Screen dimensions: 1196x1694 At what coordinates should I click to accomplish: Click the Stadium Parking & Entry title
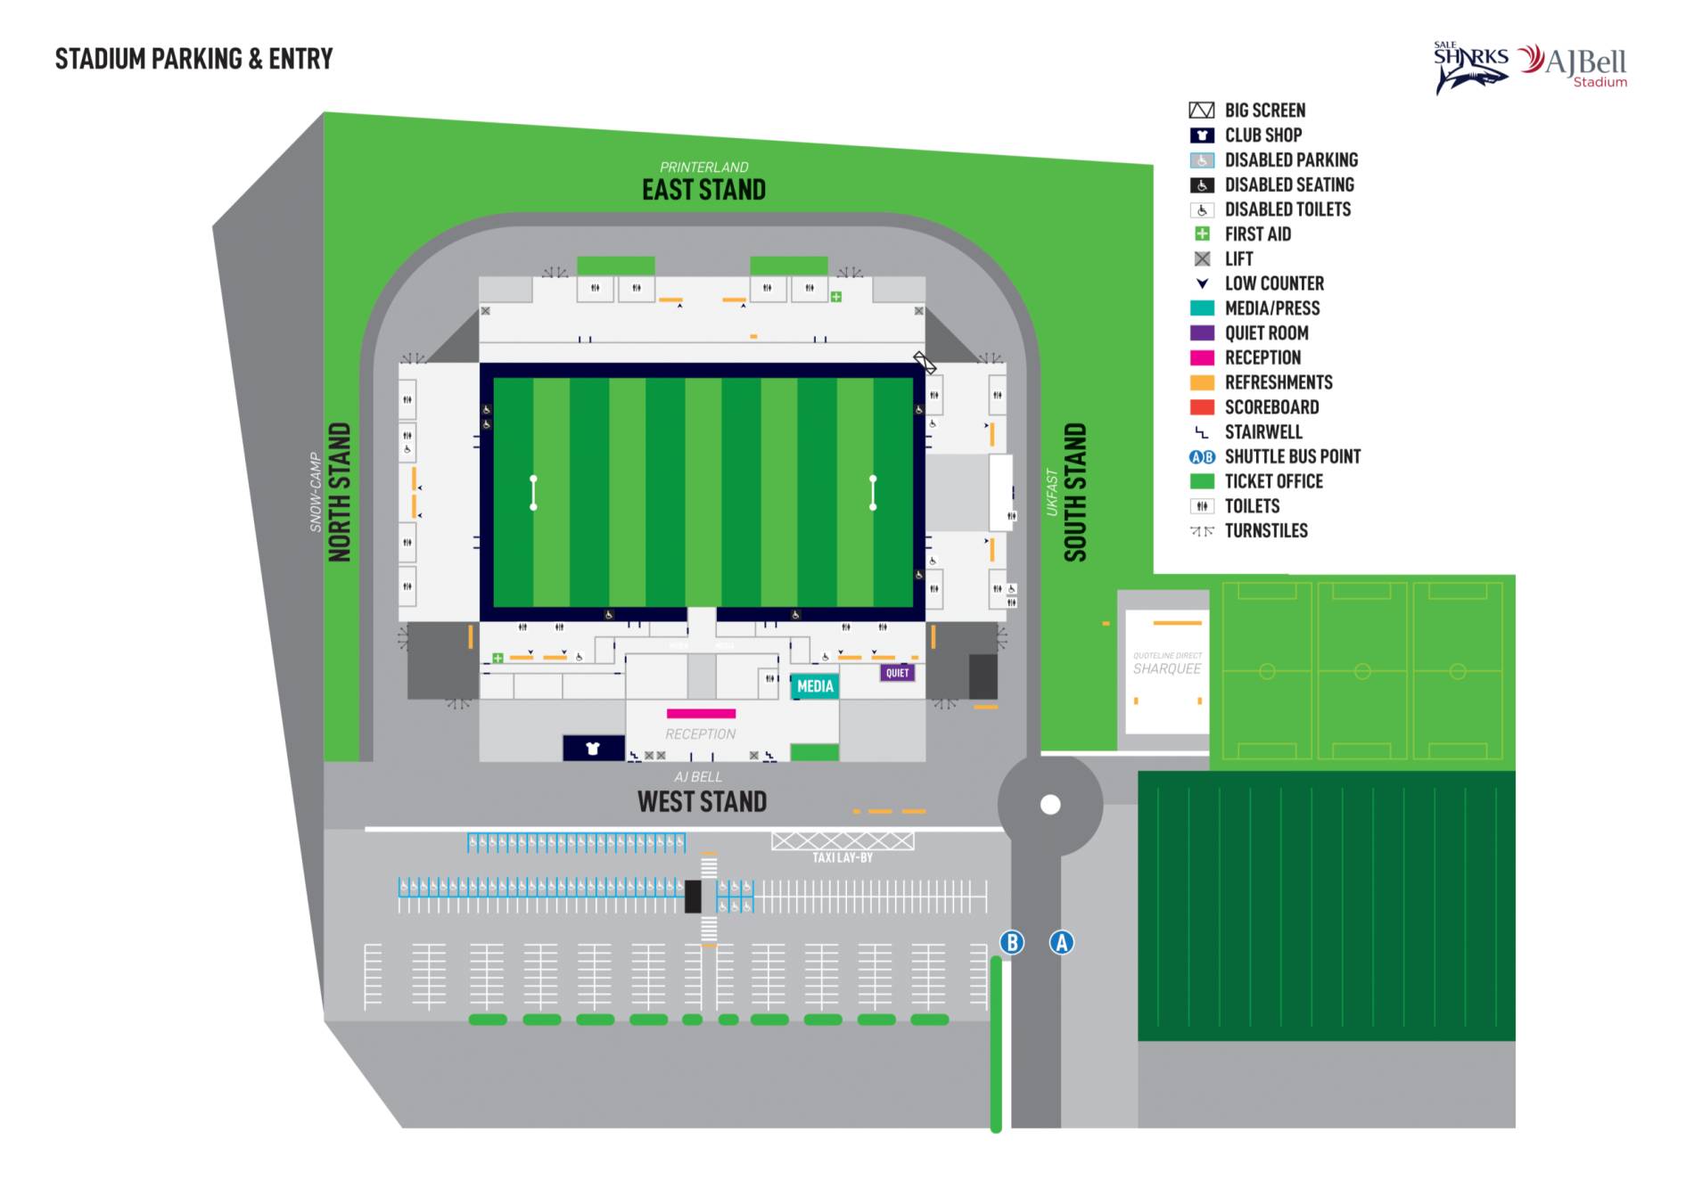pyautogui.click(x=193, y=59)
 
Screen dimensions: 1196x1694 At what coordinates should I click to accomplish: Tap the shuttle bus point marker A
pyautogui.click(x=1061, y=942)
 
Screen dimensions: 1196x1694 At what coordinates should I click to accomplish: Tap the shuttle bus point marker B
pyautogui.click(x=1011, y=942)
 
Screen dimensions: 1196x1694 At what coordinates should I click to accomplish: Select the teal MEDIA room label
pyautogui.click(x=815, y=686)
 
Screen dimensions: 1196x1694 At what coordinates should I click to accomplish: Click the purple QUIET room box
pyautogui.click(x=897, y=673)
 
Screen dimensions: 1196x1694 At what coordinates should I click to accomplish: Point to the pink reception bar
pyautogui.click(x=701, y=713)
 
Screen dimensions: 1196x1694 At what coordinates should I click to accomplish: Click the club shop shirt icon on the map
pyautogui.click(x=593, y=748)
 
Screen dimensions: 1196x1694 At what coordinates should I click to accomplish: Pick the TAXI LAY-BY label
pyautogui.click(x=842, y=857)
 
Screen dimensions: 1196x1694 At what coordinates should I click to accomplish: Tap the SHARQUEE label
pyautogui.click(x=1167, y=668)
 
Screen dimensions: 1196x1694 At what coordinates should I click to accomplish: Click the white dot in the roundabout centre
pyautogui.click(x=1050, y=805)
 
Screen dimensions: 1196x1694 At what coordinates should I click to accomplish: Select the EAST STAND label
pyautogui.click(x=703, y=190)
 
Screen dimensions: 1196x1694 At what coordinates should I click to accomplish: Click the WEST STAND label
pyautogui.click(x=702, y=801)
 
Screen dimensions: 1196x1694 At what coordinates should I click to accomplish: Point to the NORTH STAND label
pyautogui.click(x=340, y=492)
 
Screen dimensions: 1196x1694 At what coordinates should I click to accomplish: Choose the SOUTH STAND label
pyautogui.click(x=1075, y=492)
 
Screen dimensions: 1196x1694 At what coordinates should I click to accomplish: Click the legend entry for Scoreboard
pyautogui.click(x=1271, y=407)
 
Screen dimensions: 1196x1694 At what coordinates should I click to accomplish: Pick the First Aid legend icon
pyautogui.click(x=1202, y=233)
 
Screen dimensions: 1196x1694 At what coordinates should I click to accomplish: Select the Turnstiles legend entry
pyautogui.click(x=1265, y=530)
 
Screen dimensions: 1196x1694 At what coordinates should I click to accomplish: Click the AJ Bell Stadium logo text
pyautogui.click(x=1586, y=64)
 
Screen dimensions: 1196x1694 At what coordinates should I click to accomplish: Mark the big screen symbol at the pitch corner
pyautogui.click(x=925, y=363)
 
